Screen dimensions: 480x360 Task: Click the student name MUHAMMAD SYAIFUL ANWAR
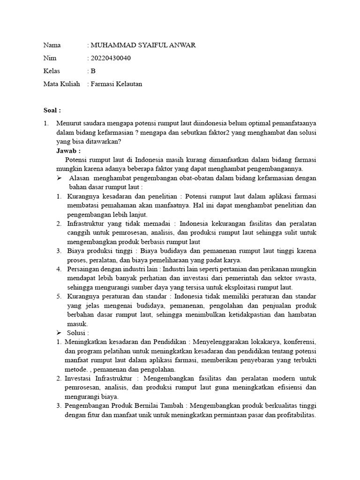[143, 45]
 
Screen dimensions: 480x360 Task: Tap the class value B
[93, 71]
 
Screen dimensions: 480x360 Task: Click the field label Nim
[50, 59]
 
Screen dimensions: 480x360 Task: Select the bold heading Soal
[52, 111]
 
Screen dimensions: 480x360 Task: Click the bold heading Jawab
[68, 151]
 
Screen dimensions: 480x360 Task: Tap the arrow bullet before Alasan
[60, 178]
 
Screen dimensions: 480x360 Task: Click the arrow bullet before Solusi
[60, 332]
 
